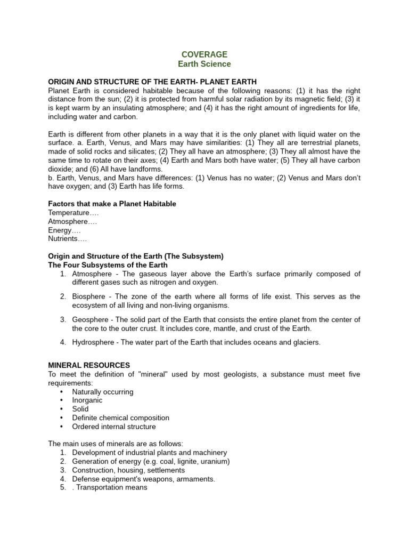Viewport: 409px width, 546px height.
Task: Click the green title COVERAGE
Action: point(204,54)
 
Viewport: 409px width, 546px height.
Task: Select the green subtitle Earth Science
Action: point(204,64)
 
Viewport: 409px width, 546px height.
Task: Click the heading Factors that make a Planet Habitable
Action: point(112,204)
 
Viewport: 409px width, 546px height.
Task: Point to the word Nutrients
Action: point(64,239)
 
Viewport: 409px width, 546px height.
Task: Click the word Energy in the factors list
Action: point(60,230)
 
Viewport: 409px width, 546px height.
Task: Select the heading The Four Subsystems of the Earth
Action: point(108,265)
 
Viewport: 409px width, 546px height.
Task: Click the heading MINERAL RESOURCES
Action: point(89,365)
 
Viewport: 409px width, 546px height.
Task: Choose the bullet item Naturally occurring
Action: point(103,392)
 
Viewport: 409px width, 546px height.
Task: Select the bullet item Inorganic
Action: point(87,400)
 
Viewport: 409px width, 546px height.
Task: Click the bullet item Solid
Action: point(80,409)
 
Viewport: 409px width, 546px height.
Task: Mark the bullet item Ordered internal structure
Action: point(114,427)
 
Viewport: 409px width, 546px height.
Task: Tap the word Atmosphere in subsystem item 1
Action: point(92,274)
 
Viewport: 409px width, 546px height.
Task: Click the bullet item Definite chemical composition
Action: point(120,418)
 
